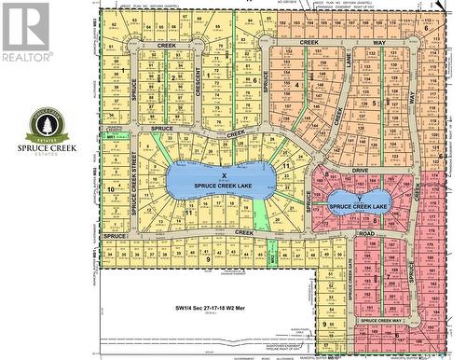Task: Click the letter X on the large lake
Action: click(224, 174)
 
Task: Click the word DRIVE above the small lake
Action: click(362, 171)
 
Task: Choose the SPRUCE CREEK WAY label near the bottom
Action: click(384, 320)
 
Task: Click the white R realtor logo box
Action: click(25, 25)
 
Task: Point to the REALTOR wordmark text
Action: click(25, 58)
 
